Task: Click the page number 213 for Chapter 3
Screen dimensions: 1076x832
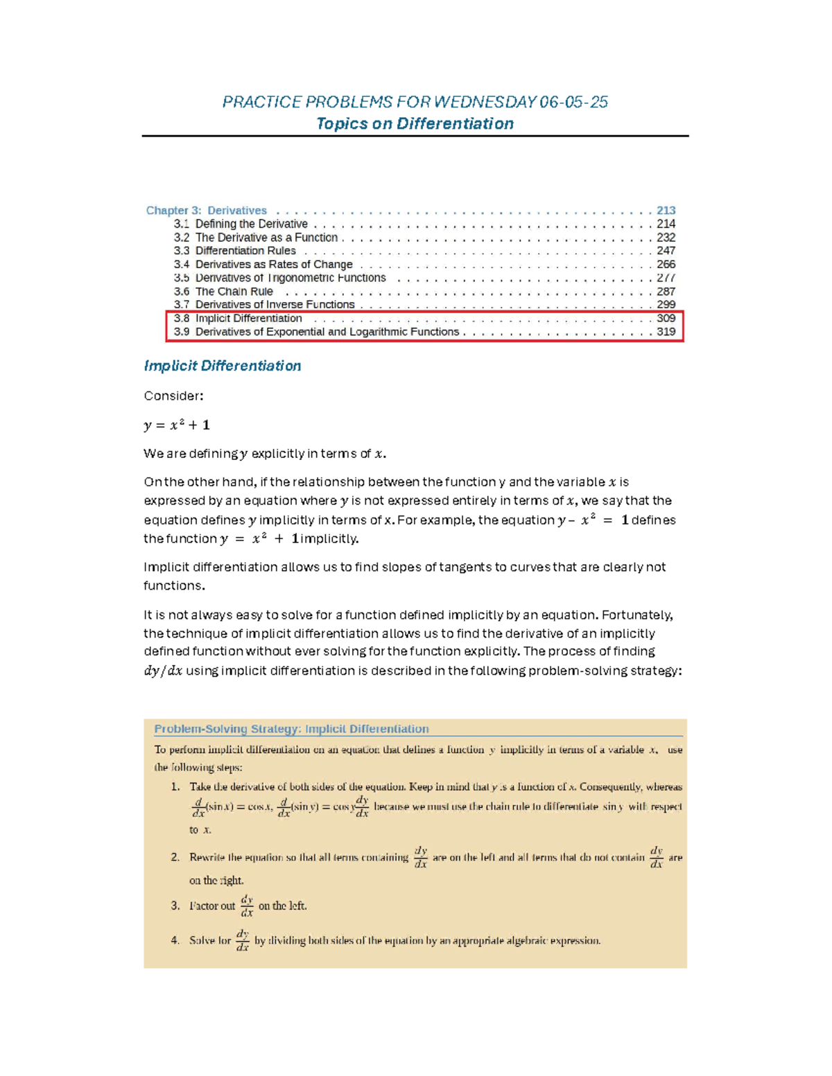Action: (666, 211)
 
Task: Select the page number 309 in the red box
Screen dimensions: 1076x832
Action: (666, 319)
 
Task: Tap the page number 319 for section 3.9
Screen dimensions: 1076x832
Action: (666, 332)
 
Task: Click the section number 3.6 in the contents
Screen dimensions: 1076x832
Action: (182, 292)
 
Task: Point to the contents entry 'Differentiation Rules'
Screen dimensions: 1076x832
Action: (245, 251)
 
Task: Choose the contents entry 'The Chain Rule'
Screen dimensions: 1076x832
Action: (234, 292)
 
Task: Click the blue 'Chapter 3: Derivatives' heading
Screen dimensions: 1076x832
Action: (206, 211)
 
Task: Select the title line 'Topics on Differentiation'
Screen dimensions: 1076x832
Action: (415, 124)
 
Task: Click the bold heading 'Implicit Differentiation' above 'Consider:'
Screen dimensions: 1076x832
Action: (222, 366)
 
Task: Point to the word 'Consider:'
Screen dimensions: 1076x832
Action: (173, 396)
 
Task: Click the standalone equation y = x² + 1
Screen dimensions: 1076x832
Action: (177, 425)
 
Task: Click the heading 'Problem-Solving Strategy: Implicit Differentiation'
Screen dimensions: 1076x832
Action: (291, 729)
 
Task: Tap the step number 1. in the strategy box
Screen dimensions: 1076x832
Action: (175, 787)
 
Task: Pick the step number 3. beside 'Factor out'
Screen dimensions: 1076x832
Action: (175, 906)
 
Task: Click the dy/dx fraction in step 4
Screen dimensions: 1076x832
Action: (242, 940)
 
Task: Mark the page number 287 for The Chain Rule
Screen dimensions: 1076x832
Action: (666, 292)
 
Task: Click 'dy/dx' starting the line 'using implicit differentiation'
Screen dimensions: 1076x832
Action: (163, 671)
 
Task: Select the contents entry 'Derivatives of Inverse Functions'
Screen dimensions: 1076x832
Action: (275, 305)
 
